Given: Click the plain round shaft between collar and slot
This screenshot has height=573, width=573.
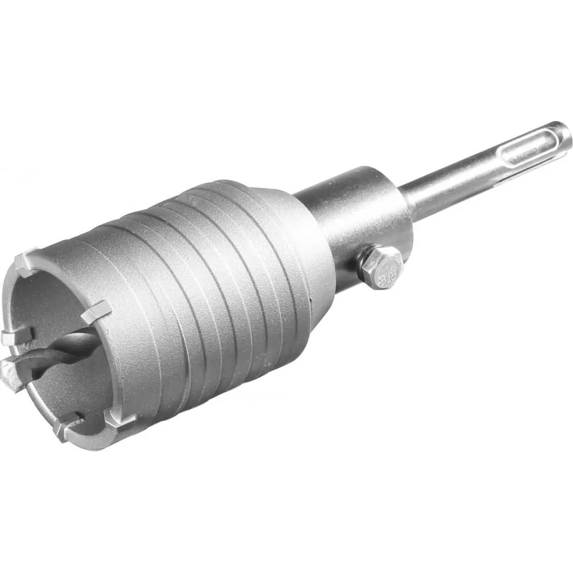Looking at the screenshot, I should (447, 183).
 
